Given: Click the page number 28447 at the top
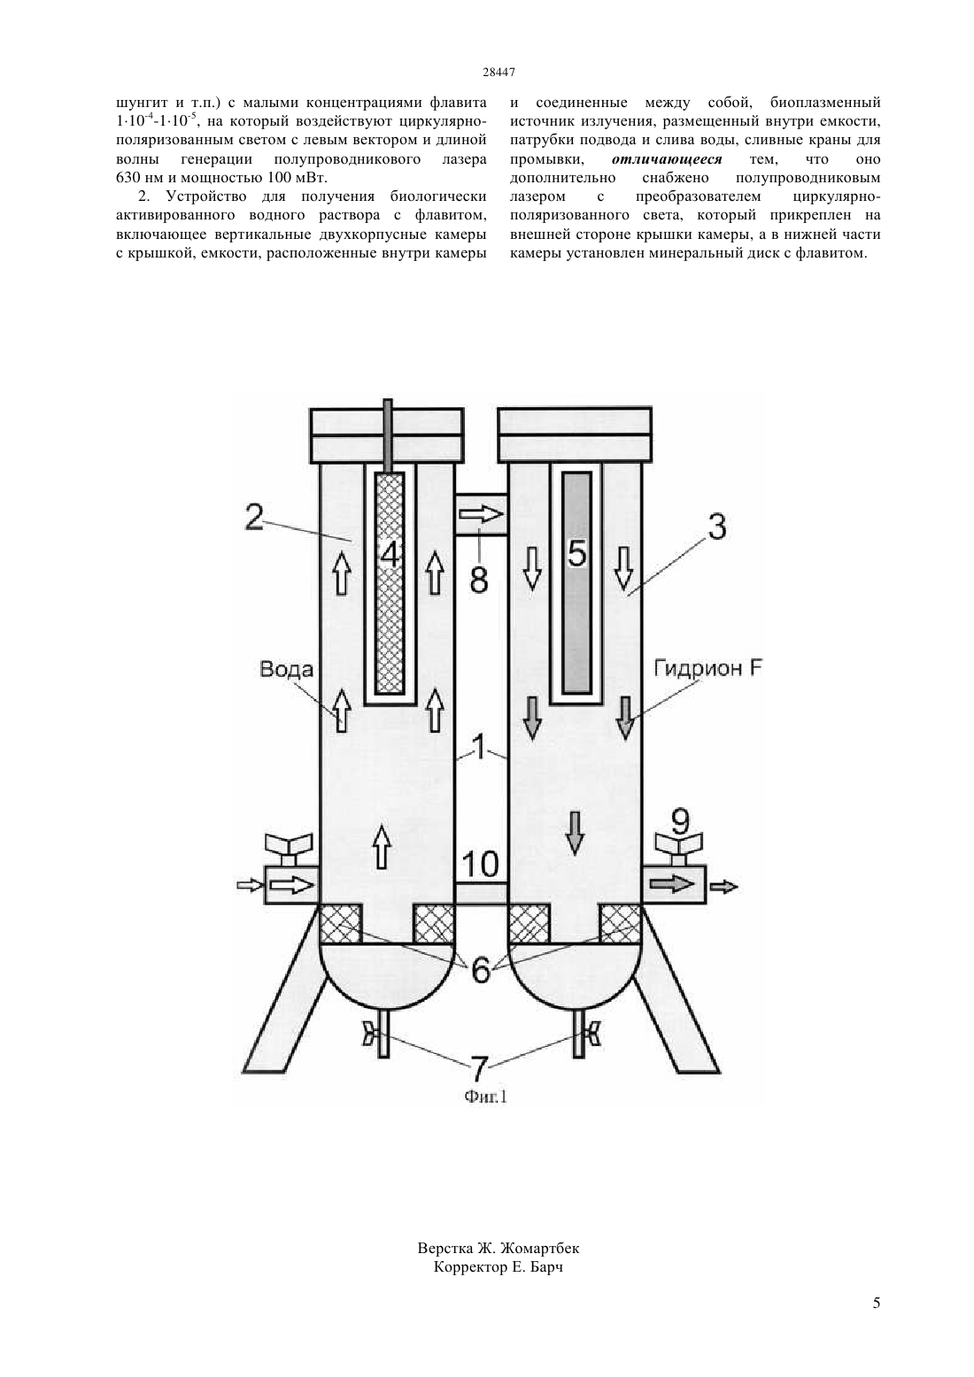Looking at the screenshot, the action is click(499, 72).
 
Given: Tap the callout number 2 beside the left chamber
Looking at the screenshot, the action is click(255, 517).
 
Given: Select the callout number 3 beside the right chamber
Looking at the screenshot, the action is click(716, 527).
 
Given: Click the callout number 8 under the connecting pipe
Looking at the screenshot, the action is click(478, 579).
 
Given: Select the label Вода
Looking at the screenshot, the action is click(287, 669).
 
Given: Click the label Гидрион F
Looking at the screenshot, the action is click(707, 668).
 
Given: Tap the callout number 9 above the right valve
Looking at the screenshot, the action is click(680, 820).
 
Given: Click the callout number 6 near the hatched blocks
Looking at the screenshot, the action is click(480, 970).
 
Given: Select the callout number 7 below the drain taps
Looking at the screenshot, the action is click(479, 1068).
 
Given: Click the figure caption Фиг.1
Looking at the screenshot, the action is click(486, 1096).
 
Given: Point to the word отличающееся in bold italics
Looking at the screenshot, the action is click(667, 159).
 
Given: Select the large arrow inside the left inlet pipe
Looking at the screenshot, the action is click(291, 885).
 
